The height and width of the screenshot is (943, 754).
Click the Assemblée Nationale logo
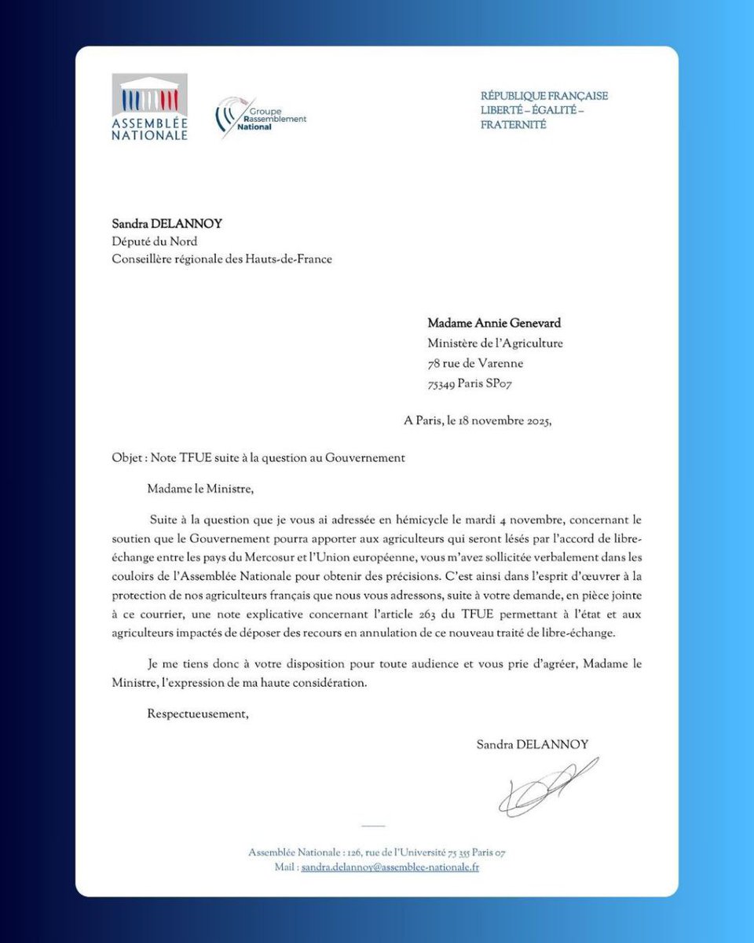coord(149,107)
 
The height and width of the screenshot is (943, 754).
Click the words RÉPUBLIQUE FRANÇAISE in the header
coord(544,96)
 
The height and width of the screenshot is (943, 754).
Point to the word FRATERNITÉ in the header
coord(513,125)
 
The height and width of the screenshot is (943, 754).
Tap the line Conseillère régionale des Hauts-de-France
coord(221,259)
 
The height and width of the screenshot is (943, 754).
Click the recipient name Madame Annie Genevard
coord(494,323)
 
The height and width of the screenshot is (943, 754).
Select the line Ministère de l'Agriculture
coord(495,343)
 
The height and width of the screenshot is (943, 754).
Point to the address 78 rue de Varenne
coord(475,363)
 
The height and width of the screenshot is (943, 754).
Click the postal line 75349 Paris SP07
coord(470,383)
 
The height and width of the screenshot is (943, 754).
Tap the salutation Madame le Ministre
coord(200,489)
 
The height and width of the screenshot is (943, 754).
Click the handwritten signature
coord(547,787)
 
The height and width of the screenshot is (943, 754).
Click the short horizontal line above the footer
coord(375,827)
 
